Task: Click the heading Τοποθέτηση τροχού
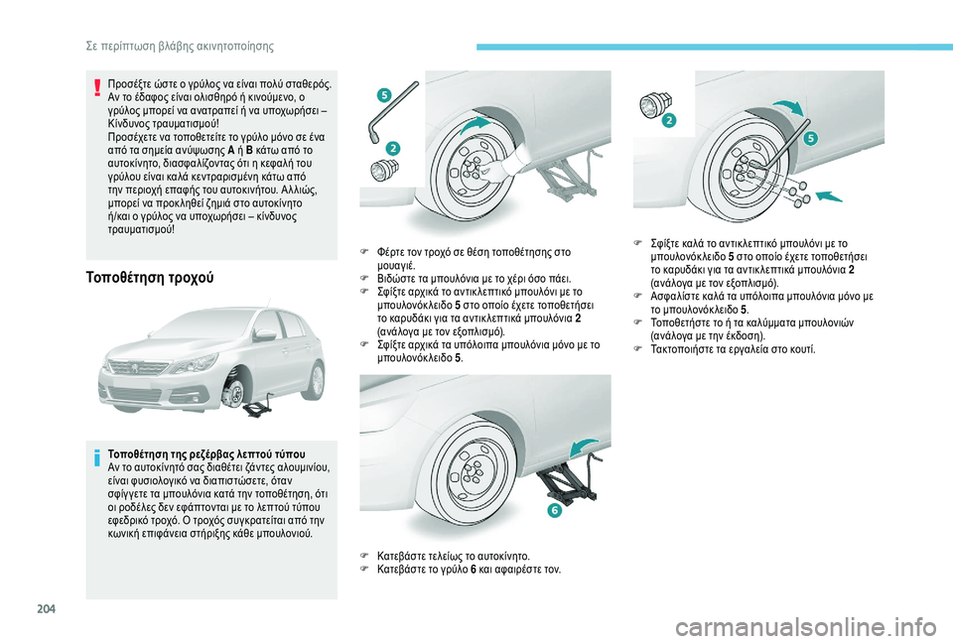(x=150, y=278)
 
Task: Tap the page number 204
(x=47, y=608)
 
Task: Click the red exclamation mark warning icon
(x=96, y=87)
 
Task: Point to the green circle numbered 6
(x=554, y=510)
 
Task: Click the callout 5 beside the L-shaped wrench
(x=384, y=95)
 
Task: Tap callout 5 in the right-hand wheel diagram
(x=811, y=139)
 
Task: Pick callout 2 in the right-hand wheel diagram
(x=668, y=120)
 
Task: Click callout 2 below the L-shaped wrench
(x=393, y=148)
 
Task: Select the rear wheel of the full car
(x=316, y=380)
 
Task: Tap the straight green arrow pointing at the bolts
(x=829, y=195)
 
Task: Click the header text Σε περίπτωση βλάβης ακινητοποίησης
(x=180, y=47)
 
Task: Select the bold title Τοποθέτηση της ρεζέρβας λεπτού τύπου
(x=206, y=453)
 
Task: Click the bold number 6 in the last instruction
(x=473, y=570)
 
